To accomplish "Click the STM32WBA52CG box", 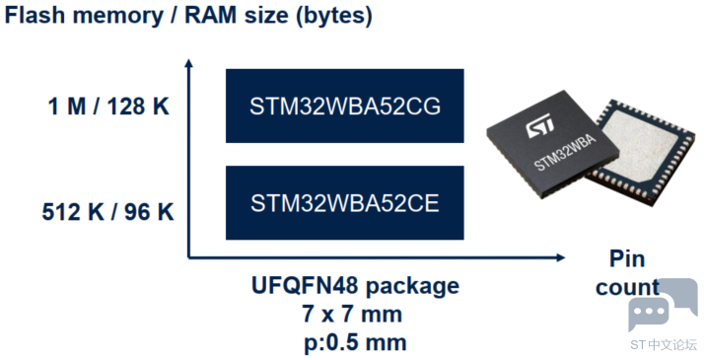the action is [x=344, y=106].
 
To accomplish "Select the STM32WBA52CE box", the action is [x=344, y=203].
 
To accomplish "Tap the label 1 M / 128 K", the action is [x=108, y=107].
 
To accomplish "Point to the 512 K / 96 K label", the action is [x=108, y=212].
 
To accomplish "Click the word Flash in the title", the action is [x=35, y=15].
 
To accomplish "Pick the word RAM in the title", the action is [x=211, y=15].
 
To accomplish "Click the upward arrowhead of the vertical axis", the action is [x=189, y=63].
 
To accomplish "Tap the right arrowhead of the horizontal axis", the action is [x=560, y=257].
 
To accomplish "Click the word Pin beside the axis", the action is [x=627, y=258].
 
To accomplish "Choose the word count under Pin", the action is [x=627, y=287].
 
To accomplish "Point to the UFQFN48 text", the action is [x=305, y=285].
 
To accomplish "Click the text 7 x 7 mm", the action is [x=352, y=314].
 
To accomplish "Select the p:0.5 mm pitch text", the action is [x=355, y=343].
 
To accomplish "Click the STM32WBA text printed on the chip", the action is [x=566, y=153].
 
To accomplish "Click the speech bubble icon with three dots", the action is [x=649, y=312].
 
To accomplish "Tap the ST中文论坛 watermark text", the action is [x=664, y=344].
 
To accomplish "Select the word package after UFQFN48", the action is [x=412, y=286].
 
